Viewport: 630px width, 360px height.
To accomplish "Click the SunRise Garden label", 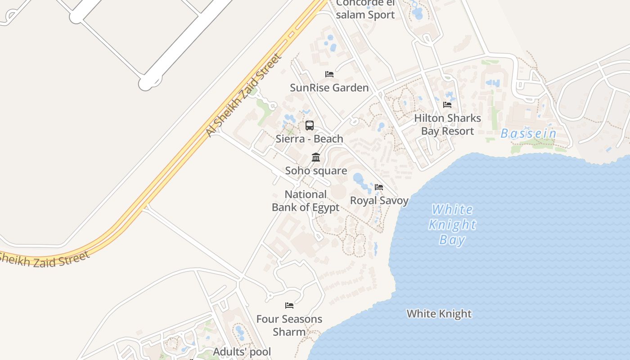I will (329, 88).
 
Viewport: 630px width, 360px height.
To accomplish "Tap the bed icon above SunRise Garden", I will (329, 74).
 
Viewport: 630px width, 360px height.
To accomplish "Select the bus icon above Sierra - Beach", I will (310, 126).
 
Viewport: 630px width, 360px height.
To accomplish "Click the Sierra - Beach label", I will (309, 139).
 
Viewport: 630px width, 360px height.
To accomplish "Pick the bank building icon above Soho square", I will (316, 157).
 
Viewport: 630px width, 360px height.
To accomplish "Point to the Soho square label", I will (316, 171).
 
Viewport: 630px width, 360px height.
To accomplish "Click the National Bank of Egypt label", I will (306, 201).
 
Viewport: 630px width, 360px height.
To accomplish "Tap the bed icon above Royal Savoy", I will (379, 187).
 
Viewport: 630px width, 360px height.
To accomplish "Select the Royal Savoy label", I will (379, 200).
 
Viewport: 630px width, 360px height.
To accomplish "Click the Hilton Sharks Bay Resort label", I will (447, 125).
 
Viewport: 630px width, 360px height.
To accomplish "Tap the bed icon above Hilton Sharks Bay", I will (447, 105).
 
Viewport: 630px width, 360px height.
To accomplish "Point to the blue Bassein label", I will (529, 134).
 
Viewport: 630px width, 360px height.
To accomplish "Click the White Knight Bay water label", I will (452, 224).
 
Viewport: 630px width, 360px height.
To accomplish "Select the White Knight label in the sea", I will (439, 314).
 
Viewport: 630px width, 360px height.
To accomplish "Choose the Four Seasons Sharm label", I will (289, 325).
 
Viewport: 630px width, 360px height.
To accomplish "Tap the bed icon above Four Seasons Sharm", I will (289, 306).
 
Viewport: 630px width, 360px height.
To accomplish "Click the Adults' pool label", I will (242, 351).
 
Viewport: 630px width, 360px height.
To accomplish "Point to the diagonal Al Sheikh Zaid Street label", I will (244, 96).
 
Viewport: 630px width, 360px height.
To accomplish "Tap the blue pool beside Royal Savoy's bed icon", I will (360, 180).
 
